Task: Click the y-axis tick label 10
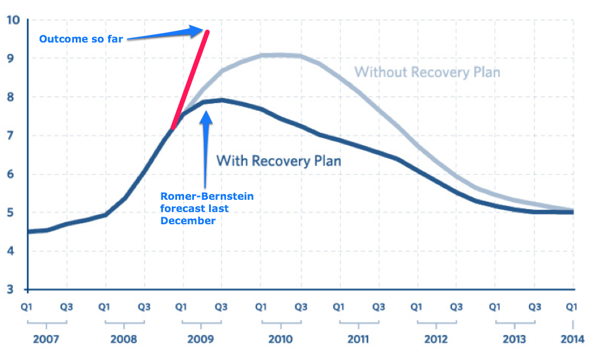13,20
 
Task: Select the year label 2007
46,339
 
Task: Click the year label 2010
280,339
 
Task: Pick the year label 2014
573,339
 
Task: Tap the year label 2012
436,339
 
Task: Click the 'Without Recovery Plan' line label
428,72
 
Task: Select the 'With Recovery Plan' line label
278,160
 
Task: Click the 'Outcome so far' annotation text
81,40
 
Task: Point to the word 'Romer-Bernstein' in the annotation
207,196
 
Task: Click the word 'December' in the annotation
188,221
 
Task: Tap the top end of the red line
207,31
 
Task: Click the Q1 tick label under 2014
573,306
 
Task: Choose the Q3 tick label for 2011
378,306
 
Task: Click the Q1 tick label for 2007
27,306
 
